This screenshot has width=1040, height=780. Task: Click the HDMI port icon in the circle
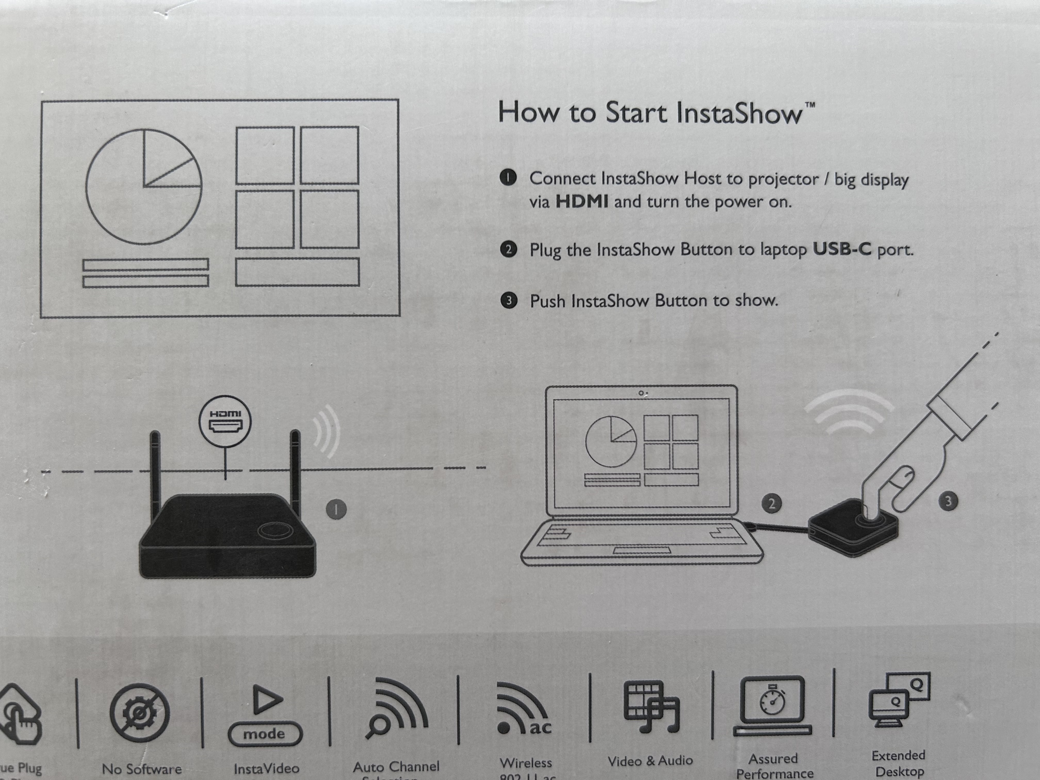coord(225,426)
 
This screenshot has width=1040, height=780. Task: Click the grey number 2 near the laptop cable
coord(771,503)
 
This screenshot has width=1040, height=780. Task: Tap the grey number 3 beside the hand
coord(948,501)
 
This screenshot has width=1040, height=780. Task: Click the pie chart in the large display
coord(144,187)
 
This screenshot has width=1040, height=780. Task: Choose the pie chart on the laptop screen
coord(610,441)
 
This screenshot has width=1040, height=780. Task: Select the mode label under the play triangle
coord(264,734)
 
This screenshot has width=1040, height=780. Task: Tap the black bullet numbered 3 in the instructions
coord(508,300)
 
